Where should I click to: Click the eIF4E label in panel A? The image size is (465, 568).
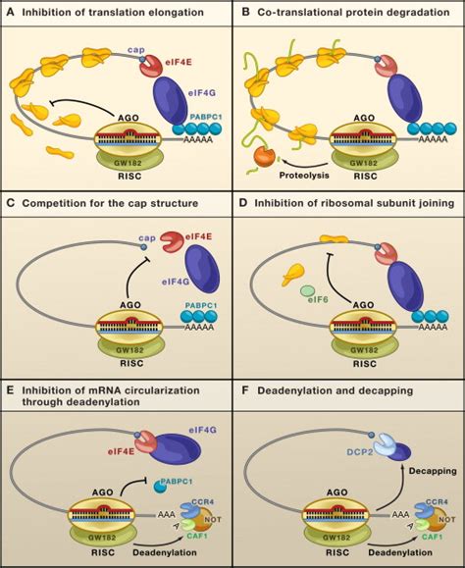179,62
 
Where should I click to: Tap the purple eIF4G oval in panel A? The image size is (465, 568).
171,100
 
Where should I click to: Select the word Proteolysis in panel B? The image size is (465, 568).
304,176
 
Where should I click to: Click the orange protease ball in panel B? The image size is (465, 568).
263,157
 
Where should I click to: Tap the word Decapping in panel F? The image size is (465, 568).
433,471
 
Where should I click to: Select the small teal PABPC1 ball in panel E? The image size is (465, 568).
160,487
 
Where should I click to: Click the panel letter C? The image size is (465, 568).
11,203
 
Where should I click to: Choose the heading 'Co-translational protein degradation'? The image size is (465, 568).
353,13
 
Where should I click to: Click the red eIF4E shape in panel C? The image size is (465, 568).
173,242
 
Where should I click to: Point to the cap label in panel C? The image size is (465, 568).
147,238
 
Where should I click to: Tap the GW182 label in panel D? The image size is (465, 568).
364,350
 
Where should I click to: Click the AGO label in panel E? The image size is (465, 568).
103,492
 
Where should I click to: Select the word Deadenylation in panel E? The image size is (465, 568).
165,552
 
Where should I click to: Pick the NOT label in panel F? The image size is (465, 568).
447,519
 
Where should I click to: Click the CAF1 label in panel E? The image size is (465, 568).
197,536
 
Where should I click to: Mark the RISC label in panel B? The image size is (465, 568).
365,176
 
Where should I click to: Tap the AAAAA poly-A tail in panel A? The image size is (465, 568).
198,138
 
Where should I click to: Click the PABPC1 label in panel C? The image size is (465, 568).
201,306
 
